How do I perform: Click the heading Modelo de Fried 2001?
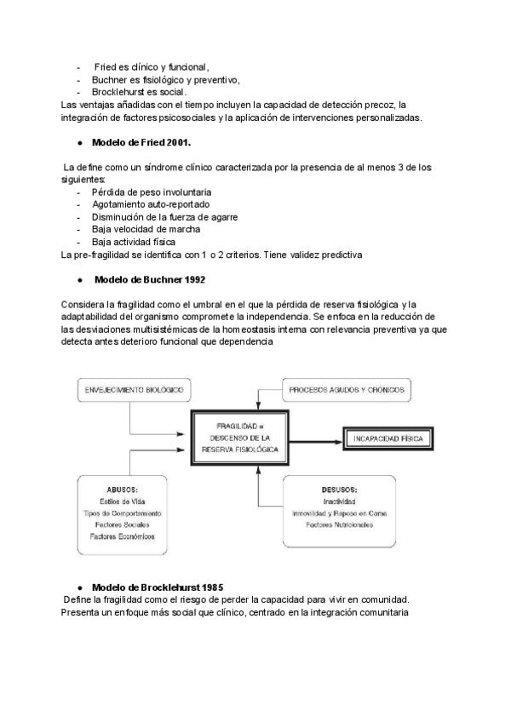tap(142, 141)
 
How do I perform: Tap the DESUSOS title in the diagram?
tap(340, 490)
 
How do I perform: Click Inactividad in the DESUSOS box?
tap(340, 502)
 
